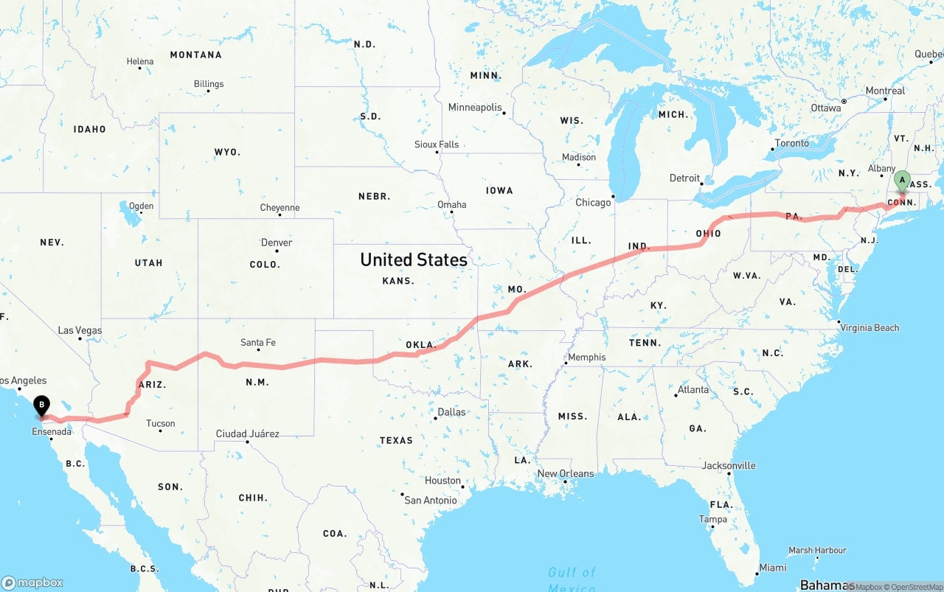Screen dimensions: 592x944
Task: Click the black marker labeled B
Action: [x=42, y=405]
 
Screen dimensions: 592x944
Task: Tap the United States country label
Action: [x=413, y=260]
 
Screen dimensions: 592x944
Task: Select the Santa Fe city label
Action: [x=258, y=342]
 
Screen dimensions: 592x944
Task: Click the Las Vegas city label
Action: [x=80, y=330]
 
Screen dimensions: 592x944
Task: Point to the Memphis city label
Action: [x=586, y=357]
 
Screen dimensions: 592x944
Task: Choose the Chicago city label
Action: [x=593, y=202]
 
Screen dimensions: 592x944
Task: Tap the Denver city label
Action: [x=277, y=243]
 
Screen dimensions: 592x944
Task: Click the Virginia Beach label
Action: [x=870, y=327]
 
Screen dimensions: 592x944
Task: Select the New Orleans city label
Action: [x=565, y=473]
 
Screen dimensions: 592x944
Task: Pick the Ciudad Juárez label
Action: [x=247, y=433]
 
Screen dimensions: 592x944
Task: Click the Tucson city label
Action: [x=160, y=423]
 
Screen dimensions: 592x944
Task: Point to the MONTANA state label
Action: [x=195, y=55]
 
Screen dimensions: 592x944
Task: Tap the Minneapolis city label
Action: [x=475, y=108]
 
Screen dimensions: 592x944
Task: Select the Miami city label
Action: [x=773, y=567]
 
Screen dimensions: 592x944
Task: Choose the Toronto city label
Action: [x=791, y=143]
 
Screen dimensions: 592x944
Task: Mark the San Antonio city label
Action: [x=431, y=500]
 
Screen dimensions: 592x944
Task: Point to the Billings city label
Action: [x=209, y=84]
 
